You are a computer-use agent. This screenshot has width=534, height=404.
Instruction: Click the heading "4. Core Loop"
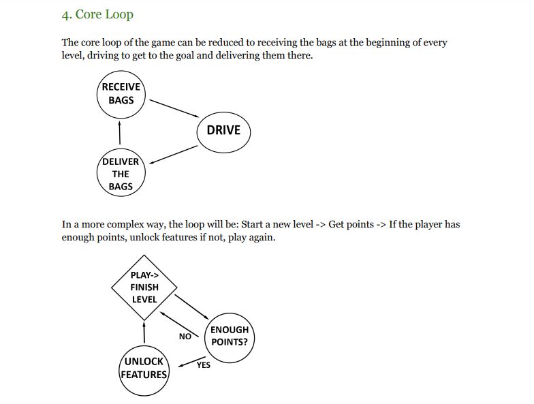pos(98,14)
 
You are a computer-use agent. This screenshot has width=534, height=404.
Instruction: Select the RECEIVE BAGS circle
pos(121,93)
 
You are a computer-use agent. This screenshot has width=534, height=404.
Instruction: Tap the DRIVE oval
pos(223,130)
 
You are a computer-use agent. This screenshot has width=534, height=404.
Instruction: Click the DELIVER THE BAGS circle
pos(121,174)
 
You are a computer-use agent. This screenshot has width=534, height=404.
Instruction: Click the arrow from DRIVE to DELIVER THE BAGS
pos(173,155)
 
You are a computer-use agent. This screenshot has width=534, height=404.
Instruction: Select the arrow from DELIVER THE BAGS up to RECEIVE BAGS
pos(120,132)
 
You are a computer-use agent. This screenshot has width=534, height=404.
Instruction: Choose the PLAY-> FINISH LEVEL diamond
pos(144,287)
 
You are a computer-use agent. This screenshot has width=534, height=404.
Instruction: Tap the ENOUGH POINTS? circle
pos(230,335)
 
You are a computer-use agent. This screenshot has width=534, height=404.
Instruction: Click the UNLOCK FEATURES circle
pos(144,368)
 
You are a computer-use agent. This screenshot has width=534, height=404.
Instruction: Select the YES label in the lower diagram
pos(203,365)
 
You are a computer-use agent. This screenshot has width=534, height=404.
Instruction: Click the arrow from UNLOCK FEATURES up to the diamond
pos(144,333)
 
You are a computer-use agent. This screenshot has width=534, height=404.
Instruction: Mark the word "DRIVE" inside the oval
pos(223,130)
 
